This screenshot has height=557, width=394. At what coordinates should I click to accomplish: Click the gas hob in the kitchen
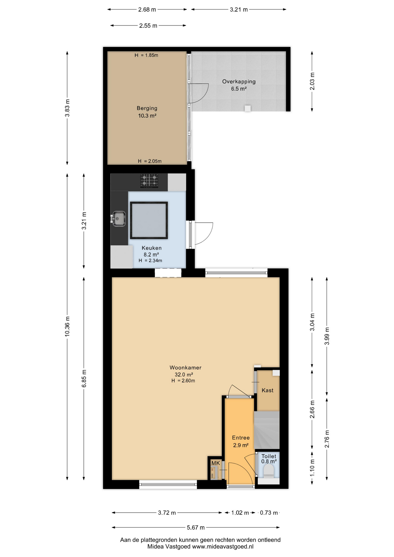point(149,181)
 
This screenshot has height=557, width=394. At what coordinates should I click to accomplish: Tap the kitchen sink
point(119,218)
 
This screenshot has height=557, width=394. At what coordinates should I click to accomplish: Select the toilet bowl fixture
point(268,471)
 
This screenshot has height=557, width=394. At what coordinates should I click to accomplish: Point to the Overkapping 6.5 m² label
point(239,85)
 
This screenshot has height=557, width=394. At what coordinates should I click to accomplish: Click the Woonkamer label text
point(185,368)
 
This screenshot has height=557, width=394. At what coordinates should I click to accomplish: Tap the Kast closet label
point(267,390)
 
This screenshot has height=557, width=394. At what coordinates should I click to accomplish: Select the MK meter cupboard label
point(216,463)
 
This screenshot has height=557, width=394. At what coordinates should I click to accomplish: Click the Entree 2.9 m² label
point(241,441)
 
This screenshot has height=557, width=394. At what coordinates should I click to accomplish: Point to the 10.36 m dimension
point(67,326)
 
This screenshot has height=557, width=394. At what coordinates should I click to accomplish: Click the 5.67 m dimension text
point(196,527)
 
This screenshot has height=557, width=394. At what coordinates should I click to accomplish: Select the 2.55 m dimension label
point(148,26)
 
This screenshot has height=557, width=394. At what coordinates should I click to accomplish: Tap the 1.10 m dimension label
point(312,467)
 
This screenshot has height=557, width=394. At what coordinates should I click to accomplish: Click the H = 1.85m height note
point(146,55)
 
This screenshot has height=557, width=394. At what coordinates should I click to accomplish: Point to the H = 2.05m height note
point(149,161)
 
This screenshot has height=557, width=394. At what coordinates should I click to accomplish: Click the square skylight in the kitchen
point(149,220)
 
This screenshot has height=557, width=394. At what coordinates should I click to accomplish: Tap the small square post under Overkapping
point(247,108)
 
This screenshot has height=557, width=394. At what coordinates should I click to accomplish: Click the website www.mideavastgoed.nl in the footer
point(223,547)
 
